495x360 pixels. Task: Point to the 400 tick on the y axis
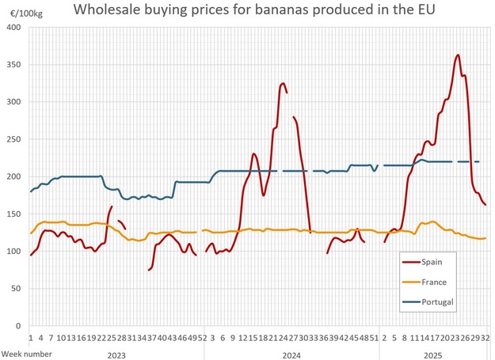[14, 28]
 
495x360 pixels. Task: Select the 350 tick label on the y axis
[14, 65]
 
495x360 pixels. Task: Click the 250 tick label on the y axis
[14, 139]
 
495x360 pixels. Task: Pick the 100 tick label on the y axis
[14, 252]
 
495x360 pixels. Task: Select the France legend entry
[435, 282]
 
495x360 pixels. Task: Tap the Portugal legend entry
[438, 301]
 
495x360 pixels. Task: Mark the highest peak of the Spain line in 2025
[458, 55]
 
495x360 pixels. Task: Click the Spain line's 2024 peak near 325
[283, 83]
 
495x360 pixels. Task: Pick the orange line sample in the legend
[410, 282]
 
